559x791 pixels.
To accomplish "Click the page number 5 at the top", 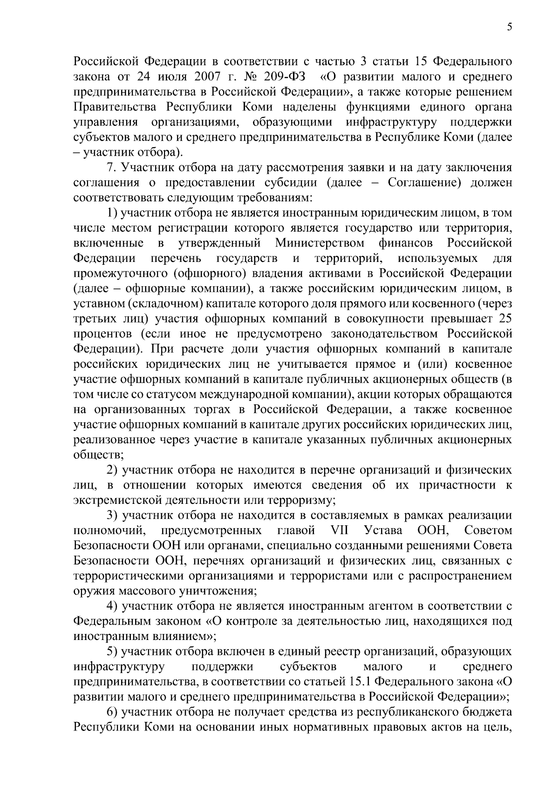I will click(x=510, y=28).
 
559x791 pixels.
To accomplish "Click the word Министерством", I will click(x=320, y=243).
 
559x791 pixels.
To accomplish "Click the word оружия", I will click(x=90, y=591).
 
